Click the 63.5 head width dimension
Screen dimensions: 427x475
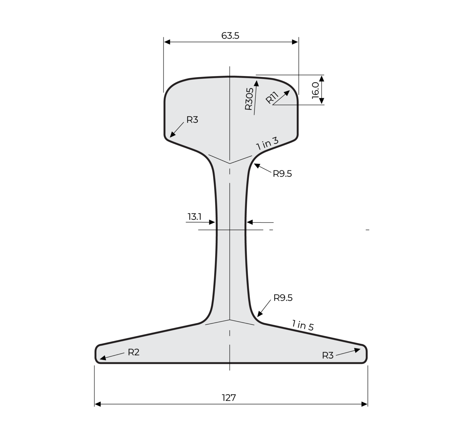coord(230,36)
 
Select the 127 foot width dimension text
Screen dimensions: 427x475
coord(229,398)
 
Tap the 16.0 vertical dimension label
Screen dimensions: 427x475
coord(315,90)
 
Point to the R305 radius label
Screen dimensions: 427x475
coord(249,99)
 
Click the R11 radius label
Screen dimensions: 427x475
coord(272,98)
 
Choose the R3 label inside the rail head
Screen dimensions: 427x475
coord(192,120)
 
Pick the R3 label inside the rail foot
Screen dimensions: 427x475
coord(328,356)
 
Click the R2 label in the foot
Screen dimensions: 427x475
coord(134,352)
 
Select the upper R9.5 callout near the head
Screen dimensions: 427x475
coord(282,174)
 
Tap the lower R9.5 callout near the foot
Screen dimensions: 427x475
coord(283,298)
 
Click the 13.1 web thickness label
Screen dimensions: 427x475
coord(194,217)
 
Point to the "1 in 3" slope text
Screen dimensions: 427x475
coord(267,144)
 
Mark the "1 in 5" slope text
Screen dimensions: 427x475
coord(303,325)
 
